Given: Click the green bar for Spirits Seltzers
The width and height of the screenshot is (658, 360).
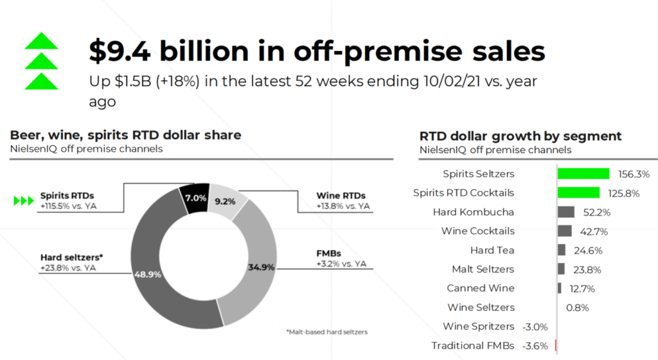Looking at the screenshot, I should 583,174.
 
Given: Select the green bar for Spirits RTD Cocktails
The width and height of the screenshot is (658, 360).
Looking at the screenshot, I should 578,193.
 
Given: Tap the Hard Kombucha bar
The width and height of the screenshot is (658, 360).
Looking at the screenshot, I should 566,212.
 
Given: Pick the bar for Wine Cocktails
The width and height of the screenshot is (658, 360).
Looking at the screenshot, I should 565,231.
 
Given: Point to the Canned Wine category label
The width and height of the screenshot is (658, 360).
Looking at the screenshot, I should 481,288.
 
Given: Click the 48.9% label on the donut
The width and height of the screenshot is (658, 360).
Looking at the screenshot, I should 147,274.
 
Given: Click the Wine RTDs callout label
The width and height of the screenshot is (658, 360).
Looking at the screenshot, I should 341,195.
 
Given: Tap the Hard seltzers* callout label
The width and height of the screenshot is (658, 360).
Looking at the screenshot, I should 71,257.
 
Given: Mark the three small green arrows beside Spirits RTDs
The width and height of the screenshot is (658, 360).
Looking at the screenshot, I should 24,201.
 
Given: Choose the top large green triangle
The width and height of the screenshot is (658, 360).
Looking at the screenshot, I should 41,42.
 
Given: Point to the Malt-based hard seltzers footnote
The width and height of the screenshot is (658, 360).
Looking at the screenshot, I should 327,332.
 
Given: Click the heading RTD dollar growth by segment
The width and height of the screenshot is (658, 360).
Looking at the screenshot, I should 520,136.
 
